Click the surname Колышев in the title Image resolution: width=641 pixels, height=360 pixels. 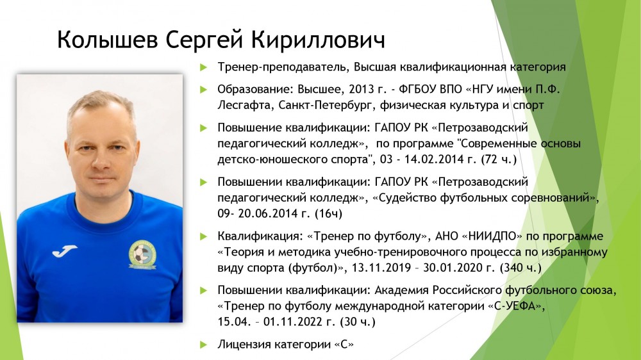108,40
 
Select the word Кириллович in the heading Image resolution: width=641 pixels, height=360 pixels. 318,40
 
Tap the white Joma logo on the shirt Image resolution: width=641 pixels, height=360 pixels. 65,251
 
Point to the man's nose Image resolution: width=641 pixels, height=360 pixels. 99,160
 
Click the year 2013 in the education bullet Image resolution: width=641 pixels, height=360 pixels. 362,89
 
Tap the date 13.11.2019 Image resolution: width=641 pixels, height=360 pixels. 381,268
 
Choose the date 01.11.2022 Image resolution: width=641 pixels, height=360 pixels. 293,322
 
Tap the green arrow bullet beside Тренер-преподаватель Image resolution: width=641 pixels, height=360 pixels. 203,67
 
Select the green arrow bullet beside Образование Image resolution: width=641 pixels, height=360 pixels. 203,90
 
